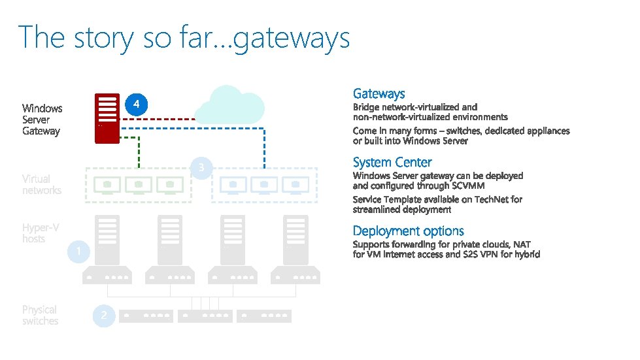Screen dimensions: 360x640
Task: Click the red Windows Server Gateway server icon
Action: pyautogui.click(x=107, y=118)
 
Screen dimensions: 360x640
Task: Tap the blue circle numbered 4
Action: pyautogui.click(x=136, y=105)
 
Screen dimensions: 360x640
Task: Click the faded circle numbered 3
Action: pyautogui.click(x=202, y=169)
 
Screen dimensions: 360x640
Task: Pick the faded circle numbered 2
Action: pyautogui.click(x=103, y=316)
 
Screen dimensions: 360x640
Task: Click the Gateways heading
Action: pyautogui.click(x=379, y=94)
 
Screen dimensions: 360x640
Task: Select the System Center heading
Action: pyautogui.click(x=392, y=163)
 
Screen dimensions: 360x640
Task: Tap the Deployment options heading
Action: pyautogui.click(x=408, y=231)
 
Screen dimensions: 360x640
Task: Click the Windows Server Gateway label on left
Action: pyautogui.click(x=42, y=120)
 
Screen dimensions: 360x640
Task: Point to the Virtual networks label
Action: pyautogui.click(x=41, y=184)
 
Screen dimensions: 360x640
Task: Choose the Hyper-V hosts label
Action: pyautogui.click(x=40, y=233)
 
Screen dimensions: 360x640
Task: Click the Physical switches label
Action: pyautogui.click(x=40, y=315)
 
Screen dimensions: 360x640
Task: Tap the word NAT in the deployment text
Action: pyautogui.click(x=522, y=244)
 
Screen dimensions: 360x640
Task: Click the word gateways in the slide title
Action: pyautogui.click(x=291, y=38)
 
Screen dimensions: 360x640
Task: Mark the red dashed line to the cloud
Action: pyautogui.click(x=157, y=120)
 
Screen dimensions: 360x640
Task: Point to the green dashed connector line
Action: pyautogui.click(x=139, y=150)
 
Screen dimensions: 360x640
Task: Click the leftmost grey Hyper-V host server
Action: pyautogui.click(x=107, y=252)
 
